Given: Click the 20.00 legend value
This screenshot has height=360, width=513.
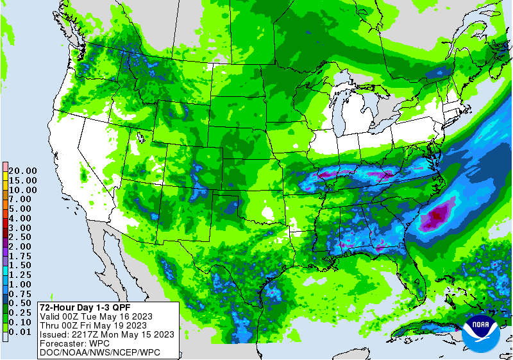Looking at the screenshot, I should (x=22, y=171).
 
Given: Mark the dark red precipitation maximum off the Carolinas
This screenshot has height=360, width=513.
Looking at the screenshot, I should (x=436, y=216).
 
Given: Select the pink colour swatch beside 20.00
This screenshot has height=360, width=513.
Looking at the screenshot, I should (x=5, y=166).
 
